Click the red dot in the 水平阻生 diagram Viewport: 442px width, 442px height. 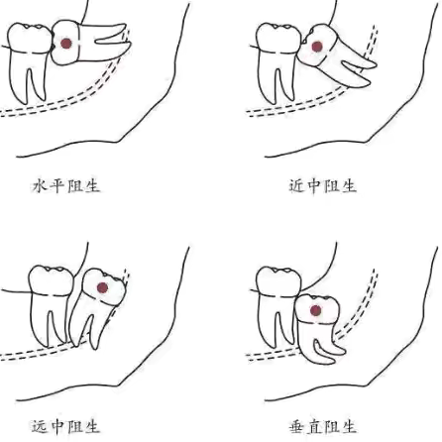point(66,44)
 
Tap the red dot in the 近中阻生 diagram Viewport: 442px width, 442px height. point(316,47)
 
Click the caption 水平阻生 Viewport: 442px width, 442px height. point(66,184)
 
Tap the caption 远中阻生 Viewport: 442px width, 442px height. point(66,426)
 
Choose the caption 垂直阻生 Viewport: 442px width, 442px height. point(322,426)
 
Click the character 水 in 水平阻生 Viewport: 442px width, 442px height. point(40,184)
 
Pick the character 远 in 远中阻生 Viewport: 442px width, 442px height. point(40,426)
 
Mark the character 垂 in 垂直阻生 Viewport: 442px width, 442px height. point(296,426)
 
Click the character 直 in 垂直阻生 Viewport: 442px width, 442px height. point(313,426)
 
